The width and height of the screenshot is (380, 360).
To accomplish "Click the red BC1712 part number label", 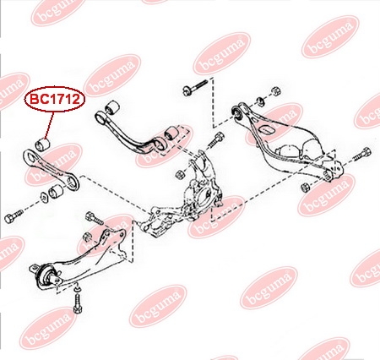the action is click(x=55, y=99).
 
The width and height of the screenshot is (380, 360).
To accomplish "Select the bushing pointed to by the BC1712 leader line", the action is click(x=42, y=144).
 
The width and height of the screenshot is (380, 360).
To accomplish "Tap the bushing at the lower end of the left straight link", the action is click(x=57, y=192).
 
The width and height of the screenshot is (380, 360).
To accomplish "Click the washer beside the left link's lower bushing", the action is click(x=44, y=196).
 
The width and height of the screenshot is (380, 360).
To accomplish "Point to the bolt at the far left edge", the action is click(x=14, y=216).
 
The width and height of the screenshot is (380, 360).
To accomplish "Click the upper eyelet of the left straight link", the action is click(x=30, y=156).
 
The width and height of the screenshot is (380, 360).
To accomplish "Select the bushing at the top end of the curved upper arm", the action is click(x=112, y=106).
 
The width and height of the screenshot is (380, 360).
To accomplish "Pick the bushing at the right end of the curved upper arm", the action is click(x=172, y=133).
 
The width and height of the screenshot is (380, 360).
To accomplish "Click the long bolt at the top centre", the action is click(x=195, y=87).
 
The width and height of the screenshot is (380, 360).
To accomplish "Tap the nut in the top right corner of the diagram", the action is click(x=275, y=91).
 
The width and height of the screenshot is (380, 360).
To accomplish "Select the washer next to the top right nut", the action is click(x=260, y=101).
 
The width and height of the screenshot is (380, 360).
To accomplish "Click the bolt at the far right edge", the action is click(x=362, y=154).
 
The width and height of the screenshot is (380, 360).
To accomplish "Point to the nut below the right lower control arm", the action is click(x=305, y=187).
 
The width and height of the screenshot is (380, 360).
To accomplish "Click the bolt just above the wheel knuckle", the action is click(x=216, y=139).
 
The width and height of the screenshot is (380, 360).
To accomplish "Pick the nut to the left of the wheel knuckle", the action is click(x=180, y=174).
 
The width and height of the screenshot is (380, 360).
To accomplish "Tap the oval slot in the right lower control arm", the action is click(x=267, y=130).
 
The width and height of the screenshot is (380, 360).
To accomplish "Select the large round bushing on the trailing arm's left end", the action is click(x=45, y=275).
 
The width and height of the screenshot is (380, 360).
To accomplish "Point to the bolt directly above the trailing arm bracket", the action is click(x=94, y=218).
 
